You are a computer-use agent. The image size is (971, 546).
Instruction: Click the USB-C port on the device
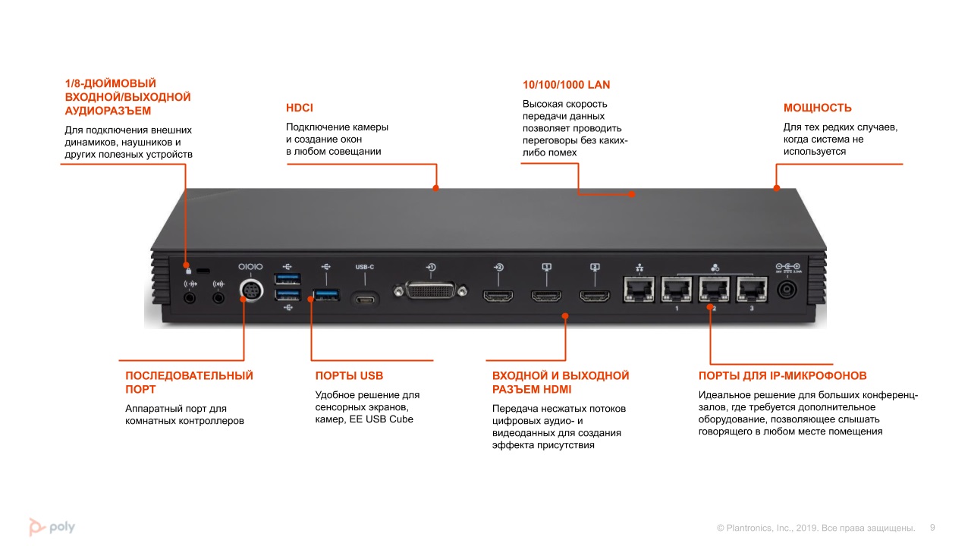(x=366, y=298)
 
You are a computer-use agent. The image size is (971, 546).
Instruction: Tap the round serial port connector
(x=250, y=291)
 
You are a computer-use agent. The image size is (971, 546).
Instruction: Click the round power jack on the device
(x=787, y=290)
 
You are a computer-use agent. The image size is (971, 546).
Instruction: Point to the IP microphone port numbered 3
(x=751, y=290)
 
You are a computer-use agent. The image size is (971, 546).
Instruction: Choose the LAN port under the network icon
(x=637, y=290)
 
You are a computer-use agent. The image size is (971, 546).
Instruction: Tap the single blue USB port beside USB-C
(x=325, y=294)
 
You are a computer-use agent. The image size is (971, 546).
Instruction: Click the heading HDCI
(x=300, y=108)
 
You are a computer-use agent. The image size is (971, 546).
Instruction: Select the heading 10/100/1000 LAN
(x=566, y=85)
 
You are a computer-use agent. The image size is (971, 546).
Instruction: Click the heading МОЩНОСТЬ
(x=818, y=108)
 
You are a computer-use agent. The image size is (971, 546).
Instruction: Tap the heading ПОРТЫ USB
(x=349, y=375)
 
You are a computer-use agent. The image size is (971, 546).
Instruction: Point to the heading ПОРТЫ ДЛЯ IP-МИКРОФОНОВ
(x=782, y=375)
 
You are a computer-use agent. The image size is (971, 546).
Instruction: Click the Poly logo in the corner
(x=52, y=526)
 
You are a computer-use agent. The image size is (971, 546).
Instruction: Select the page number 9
(x=932, y=527)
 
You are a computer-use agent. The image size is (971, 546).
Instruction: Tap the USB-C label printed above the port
(x=365, y=267)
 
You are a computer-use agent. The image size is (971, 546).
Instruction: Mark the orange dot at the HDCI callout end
(x=435, y=187)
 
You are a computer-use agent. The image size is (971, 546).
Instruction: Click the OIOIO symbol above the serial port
(x=250, y=267)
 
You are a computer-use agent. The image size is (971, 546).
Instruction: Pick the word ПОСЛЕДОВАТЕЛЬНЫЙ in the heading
(x=189, y=375)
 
